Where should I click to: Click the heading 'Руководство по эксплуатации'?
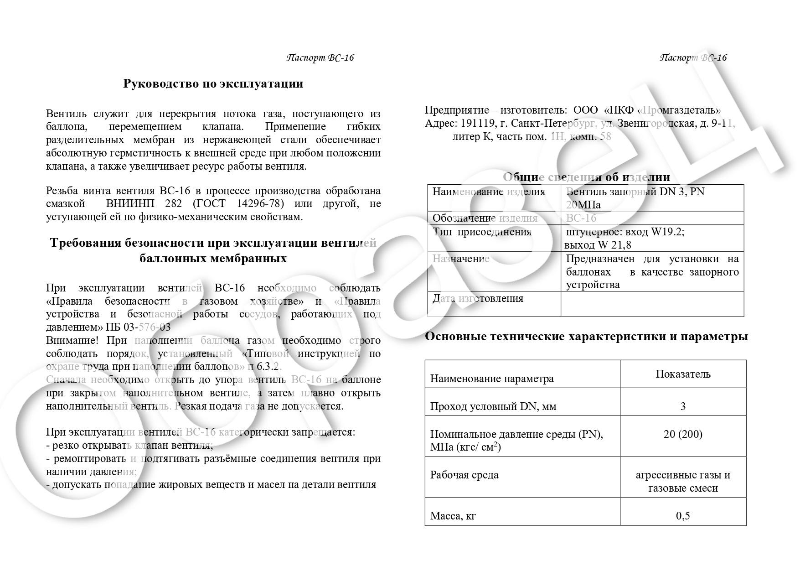(x=213, y=84)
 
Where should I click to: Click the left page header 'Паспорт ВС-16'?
(x=320, y=57)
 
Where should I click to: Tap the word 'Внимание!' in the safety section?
(x=72, y=341)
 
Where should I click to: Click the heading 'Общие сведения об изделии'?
(x=586, y=177)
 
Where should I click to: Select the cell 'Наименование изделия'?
(x=489, y=192)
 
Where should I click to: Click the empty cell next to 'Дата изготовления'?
(x=652, y=304)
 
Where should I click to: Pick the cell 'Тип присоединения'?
(x=482, y=232)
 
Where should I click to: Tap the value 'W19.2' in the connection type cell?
(x=667, y=232)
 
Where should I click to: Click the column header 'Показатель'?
(x=683, y=374)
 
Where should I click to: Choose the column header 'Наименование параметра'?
(x=492, y=379)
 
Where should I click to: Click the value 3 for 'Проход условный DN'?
(x=683, y=406)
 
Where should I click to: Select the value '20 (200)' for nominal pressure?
(x=683, y=434)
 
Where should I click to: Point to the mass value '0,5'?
(x=683, y=516)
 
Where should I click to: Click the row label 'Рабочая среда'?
(x=464, y=475)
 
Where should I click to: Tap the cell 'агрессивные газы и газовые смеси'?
(x=683, y=482)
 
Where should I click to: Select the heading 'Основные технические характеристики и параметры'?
(x=586, y=337)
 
